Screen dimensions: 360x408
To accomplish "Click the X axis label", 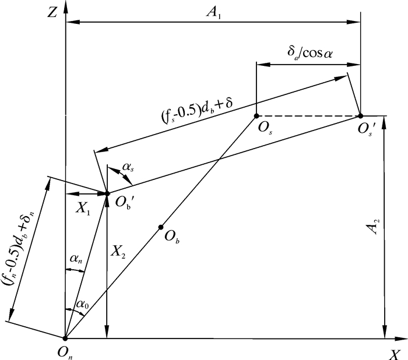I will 395,354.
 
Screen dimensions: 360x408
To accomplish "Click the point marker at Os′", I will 360,116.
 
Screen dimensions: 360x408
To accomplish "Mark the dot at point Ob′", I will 107,193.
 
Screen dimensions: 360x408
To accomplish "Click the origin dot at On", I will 65,338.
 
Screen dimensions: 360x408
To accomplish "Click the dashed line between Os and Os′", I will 308,116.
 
